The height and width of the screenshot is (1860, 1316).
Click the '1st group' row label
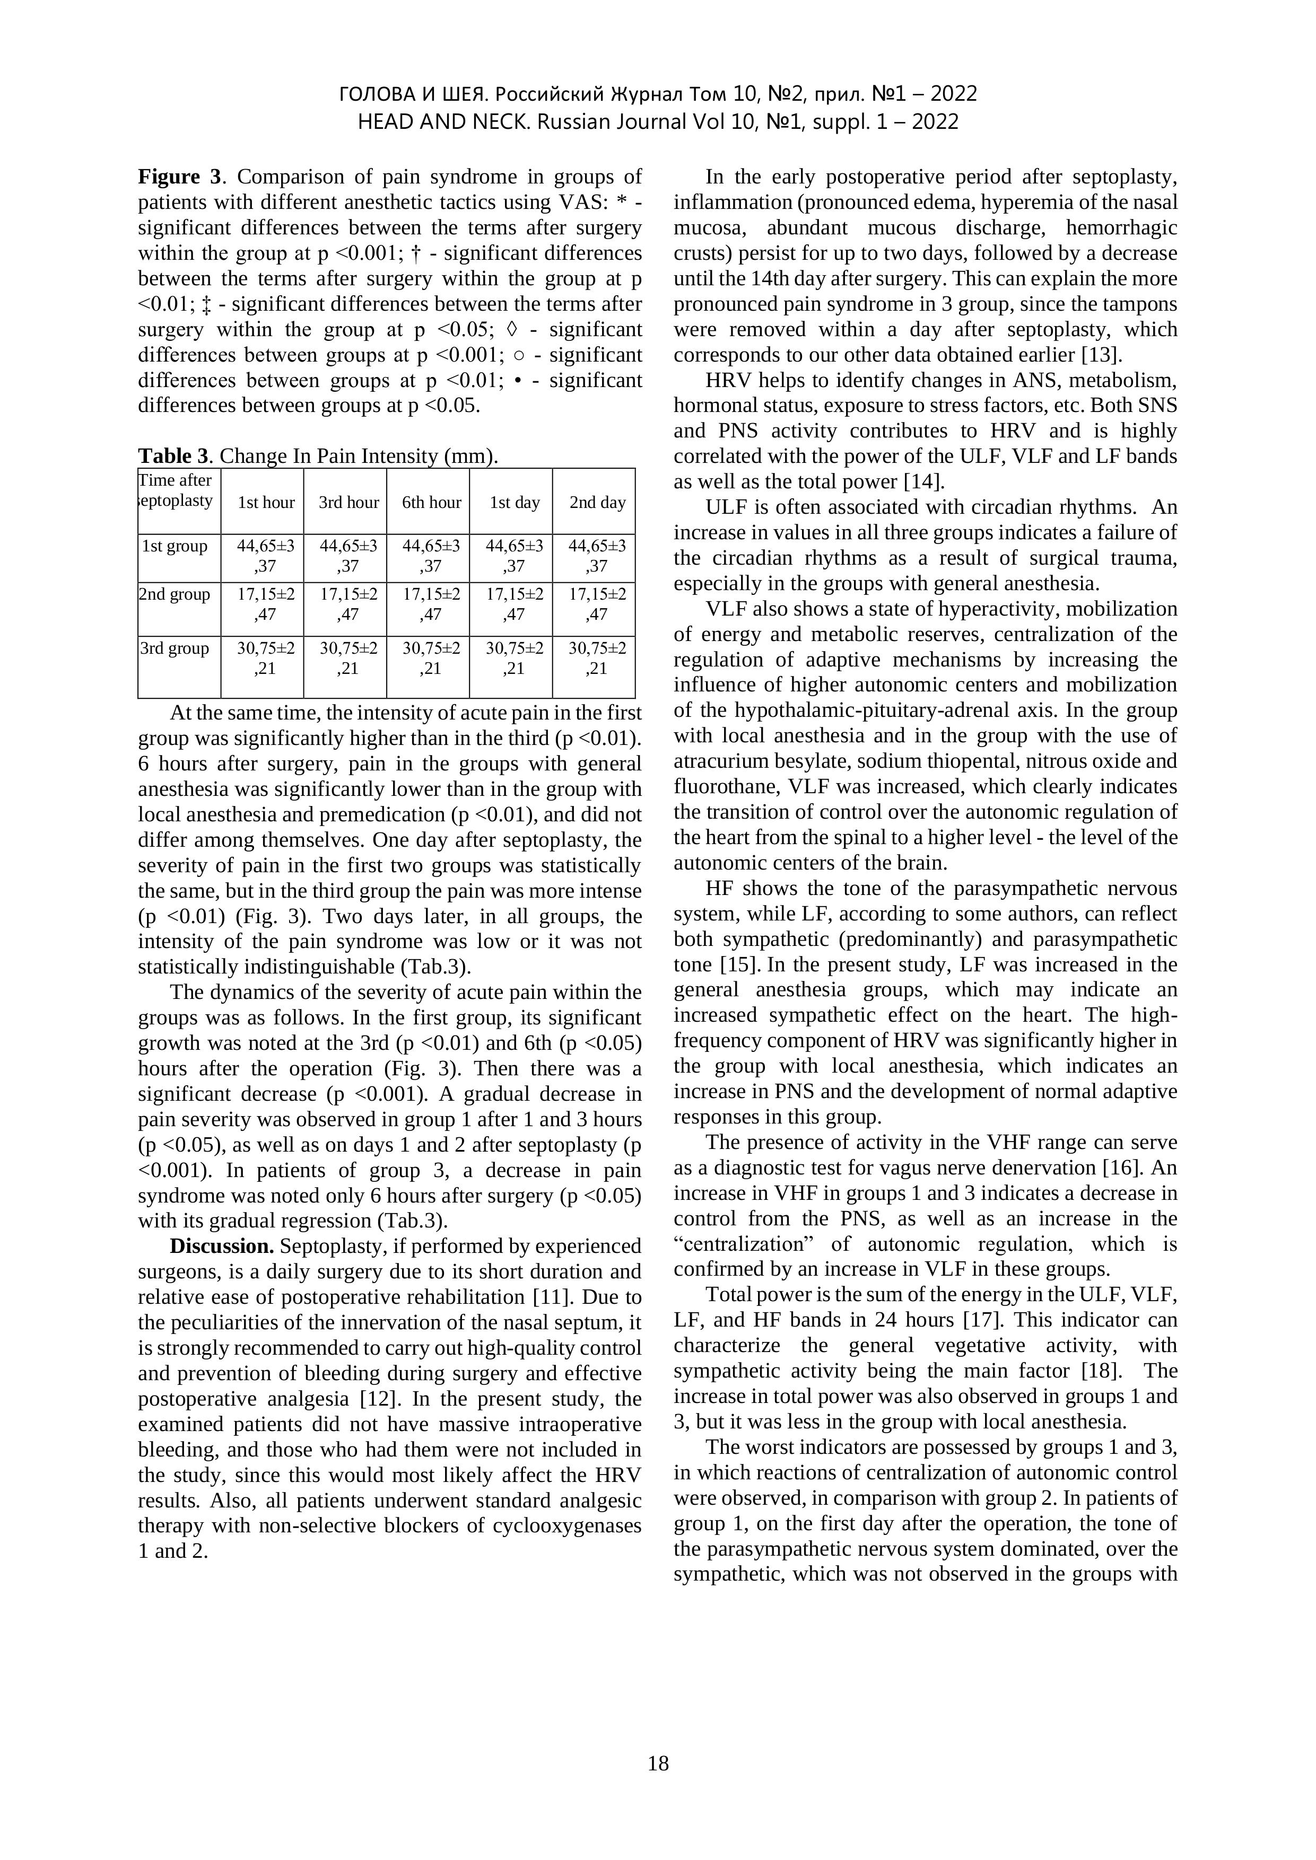click(175, 547)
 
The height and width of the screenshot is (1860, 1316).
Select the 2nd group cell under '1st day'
click(514, 604)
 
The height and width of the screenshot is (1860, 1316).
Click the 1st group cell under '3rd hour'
click(348, 556)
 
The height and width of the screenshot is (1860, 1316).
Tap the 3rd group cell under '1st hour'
click(266, 659)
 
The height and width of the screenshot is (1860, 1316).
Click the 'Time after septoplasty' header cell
click(176, 491)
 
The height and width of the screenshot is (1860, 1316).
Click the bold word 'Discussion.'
click(222, 1247)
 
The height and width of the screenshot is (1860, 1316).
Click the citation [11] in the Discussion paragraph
click(551, 1298)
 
